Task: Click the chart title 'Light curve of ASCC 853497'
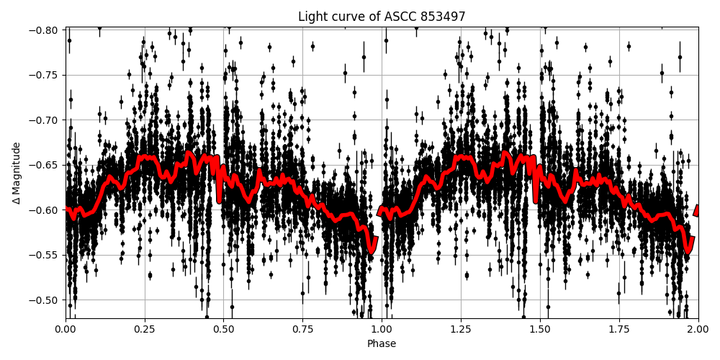[382, 17]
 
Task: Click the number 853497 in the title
[441, 17]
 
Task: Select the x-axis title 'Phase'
[382, 344]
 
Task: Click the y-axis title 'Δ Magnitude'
[17, 173]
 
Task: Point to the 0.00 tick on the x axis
[66, 330]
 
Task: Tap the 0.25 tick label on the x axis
[145, 330]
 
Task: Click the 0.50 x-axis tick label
[224, 330]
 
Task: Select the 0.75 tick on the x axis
[302, 330]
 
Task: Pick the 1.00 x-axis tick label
[382, 330]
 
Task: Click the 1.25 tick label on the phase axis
[461, 330]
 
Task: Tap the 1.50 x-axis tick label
[540, 330]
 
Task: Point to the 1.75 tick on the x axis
[619, 330]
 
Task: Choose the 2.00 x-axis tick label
[698, 330]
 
